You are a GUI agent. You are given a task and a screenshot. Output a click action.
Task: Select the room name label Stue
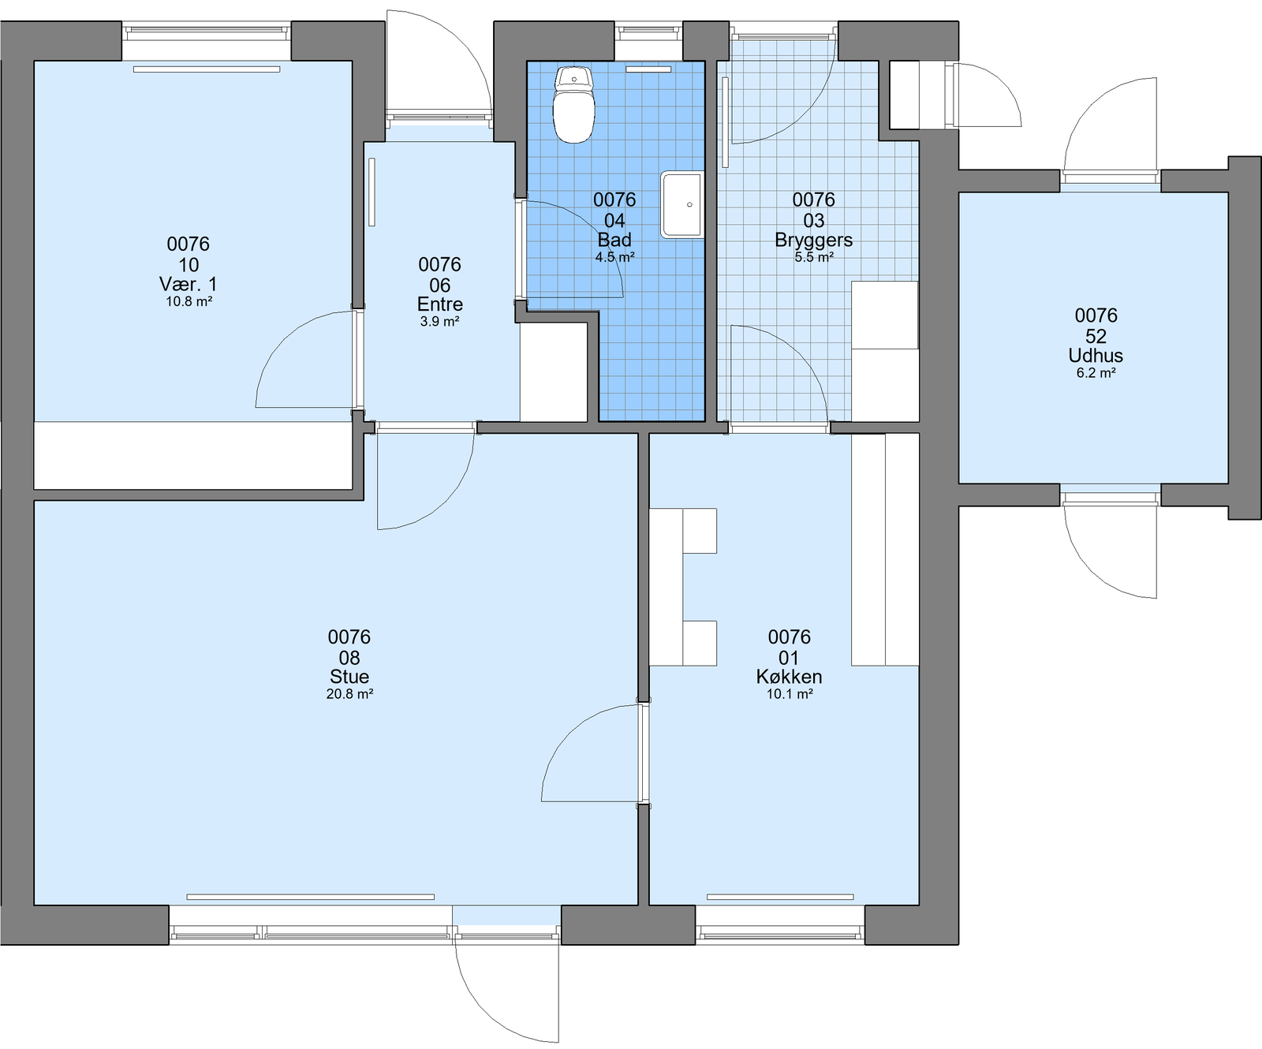coord(349,677)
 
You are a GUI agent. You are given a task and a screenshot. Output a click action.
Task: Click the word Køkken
coord(790,677)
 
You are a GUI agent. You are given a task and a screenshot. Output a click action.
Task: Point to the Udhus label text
coord(1096,356)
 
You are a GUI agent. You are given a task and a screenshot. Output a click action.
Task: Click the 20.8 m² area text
coord(349,694)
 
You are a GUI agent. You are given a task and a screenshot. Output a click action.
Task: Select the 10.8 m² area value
coord(189,301)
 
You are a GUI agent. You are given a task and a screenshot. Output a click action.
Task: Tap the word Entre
coord(440,304)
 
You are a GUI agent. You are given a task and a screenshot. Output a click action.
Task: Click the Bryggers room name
coord(814,240)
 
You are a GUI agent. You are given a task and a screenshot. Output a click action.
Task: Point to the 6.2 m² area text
coord(1096,373)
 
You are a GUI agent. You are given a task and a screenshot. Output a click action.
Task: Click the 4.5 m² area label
coord(615,257)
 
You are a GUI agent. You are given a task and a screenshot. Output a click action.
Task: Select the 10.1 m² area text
coord(790,694)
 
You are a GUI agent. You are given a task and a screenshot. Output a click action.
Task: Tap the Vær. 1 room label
coord(189,284)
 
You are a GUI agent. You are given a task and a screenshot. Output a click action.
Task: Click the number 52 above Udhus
coord(1096,336)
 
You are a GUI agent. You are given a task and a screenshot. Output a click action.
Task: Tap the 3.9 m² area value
coord(440,322)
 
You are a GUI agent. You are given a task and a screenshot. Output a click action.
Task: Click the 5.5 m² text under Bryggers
coord(814,257)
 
